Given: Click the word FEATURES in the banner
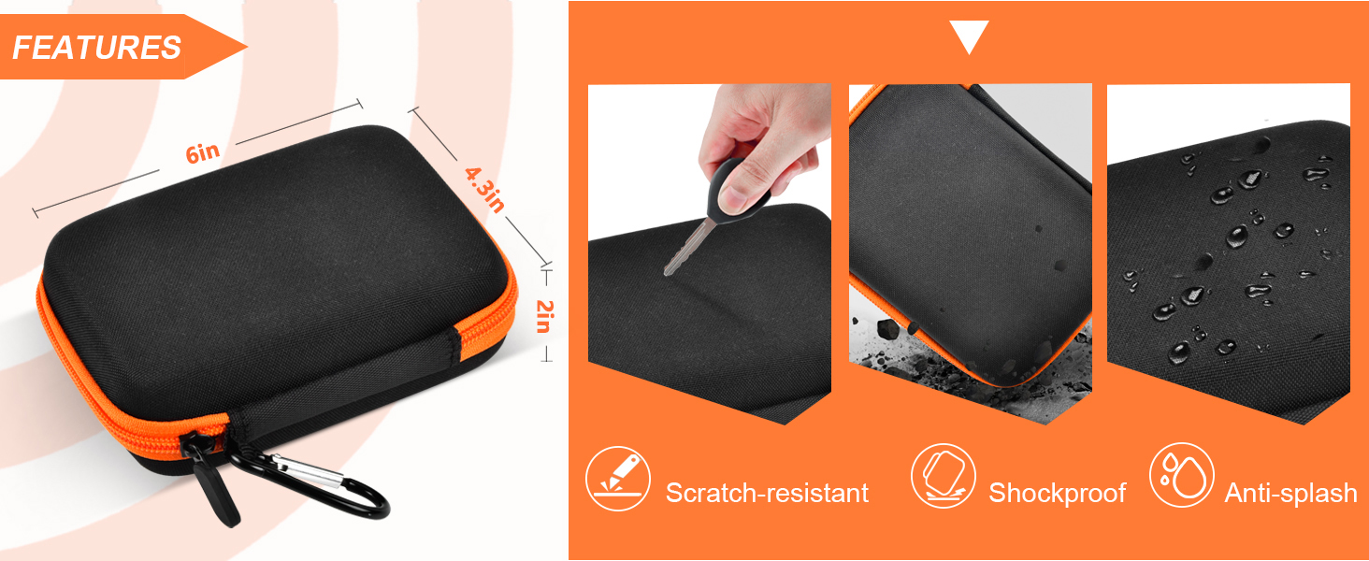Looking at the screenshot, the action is pyautogui.click(x=96, y=48).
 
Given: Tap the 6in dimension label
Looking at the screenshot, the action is pyautogui.click(x=203, y=152).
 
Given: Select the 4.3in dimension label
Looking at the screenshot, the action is pyautogui.click(x=484, y=189).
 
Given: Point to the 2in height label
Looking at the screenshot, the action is pyautogui.click(x=544, y=316).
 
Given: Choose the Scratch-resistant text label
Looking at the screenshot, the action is pyautogui.click(x=767, y=493).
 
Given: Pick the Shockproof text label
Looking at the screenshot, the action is pyautogui.click(x=1058, y=493).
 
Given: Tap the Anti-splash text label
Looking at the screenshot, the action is pyautogui.click(x=1290, y=493).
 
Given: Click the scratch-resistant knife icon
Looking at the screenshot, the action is pyautogui.click(x=618, y=479).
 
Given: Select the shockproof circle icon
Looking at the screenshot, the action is pyautogui.click(x=943, y=476).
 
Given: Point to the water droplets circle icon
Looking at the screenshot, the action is pyautogui.click(x=1181, y=475).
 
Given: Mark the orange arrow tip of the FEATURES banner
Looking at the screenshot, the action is pyautogui.click(x=247, y=47).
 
